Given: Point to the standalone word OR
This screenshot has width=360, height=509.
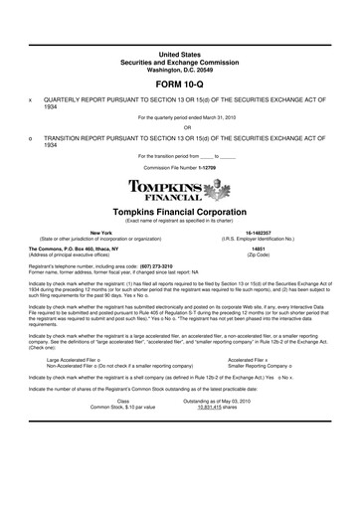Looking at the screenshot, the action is pos(179,127).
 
